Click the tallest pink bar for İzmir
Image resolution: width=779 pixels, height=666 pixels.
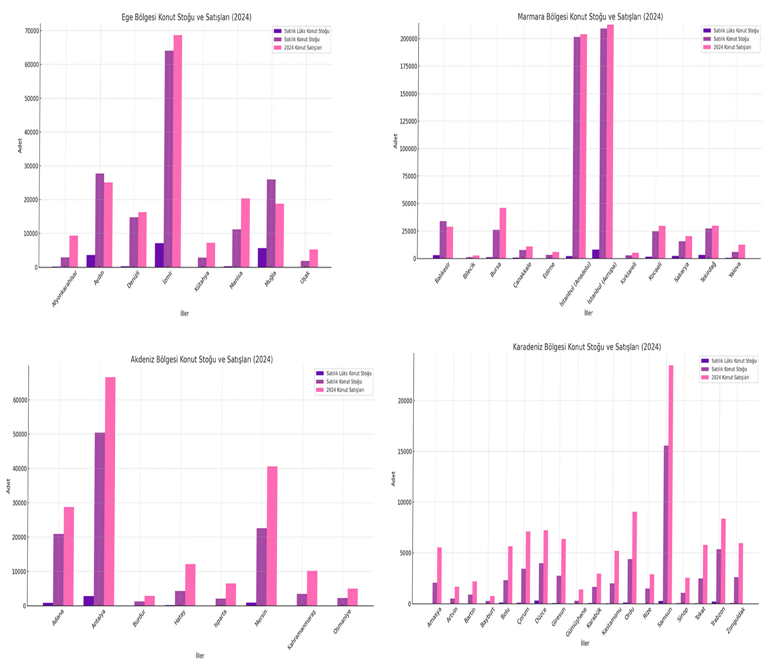(177, 150)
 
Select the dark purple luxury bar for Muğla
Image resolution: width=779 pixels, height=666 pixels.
(262, 257)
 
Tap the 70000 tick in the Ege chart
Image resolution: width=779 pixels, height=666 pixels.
(31, 31)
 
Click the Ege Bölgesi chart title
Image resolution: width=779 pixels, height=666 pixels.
(186, 17)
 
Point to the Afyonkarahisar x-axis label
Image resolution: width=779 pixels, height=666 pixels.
(64, 289)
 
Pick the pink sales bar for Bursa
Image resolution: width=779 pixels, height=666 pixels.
(503, 233)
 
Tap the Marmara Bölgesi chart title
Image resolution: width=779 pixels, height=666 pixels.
(590, 17)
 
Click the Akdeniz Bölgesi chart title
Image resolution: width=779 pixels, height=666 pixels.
(202, 359)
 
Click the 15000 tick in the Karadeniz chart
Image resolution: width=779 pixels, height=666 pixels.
(405, 451)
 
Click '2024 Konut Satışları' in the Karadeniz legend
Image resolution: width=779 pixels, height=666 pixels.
(730, 377)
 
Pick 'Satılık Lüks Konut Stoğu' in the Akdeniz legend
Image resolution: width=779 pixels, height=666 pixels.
(349, 373)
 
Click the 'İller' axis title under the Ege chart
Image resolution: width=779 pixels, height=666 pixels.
(184, 313)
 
